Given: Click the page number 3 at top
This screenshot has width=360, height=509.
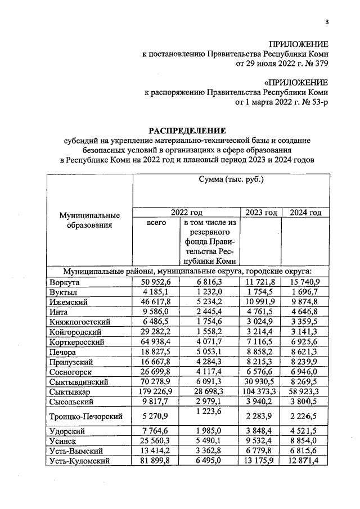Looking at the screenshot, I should click(326, 22).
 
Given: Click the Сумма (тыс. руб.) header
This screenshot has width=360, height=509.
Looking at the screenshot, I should click(231, 181).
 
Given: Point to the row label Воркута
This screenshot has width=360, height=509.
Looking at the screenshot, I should click(64, 282).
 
